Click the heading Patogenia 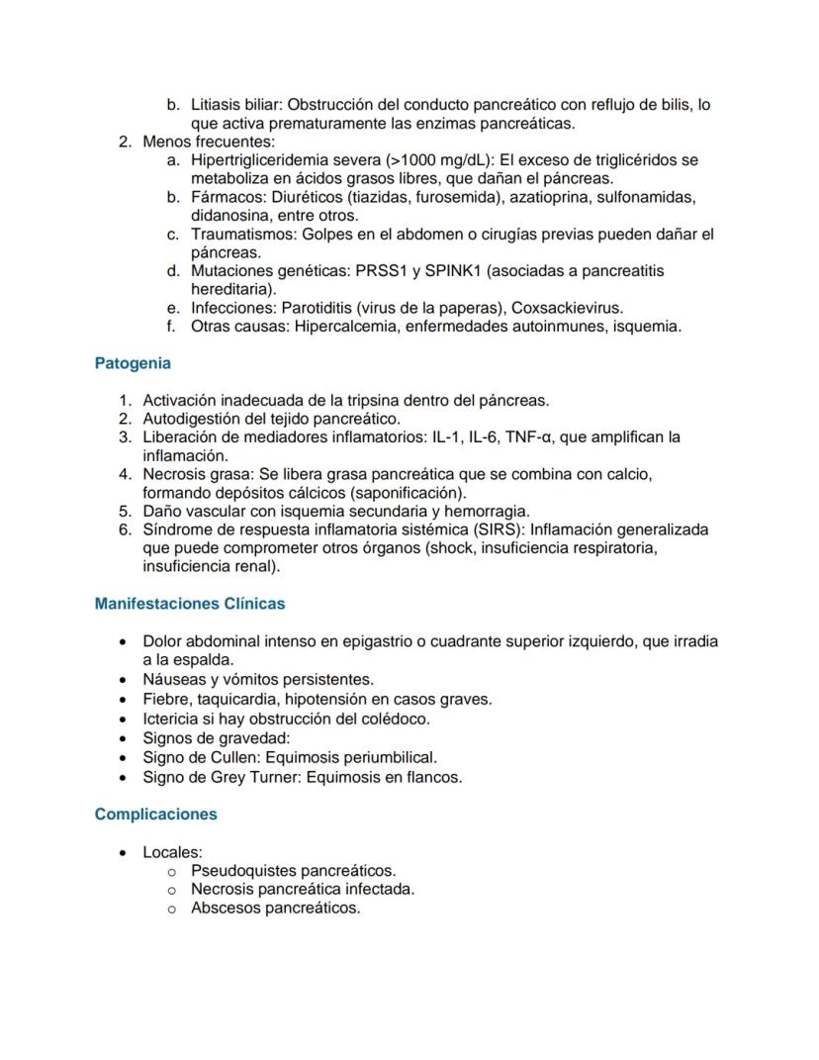coord(133,363)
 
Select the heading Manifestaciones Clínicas coord(190,603)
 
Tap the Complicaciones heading coord(156,814)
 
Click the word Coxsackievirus coord(567,308)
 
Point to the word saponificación coord(403,492)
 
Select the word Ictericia coord(172,719)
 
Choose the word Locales coord(172,851)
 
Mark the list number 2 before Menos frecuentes coord(125,142)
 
